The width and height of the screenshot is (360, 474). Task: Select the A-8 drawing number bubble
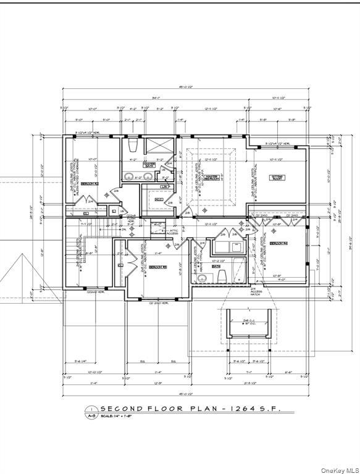click(x=91, y=417)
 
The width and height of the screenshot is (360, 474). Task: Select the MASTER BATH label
click(x=149, y=165)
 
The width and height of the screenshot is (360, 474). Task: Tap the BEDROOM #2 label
click(x=91, y=183)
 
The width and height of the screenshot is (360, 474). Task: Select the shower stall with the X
click(x=159, y=148)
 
